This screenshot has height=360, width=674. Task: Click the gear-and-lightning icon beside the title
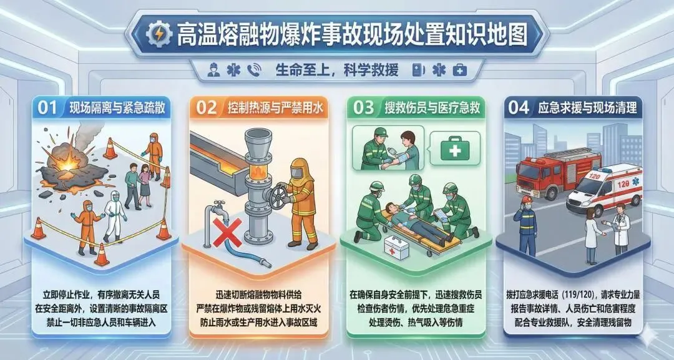click(x=159, y=34)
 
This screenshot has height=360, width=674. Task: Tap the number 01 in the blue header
click(x=47, y=108)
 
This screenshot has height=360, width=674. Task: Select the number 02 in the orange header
click(x=207, y=108)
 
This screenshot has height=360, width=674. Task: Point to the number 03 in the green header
click(x=364, y=108)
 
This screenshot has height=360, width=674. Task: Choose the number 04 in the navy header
click(x=519, y=108)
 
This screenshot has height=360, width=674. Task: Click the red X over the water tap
click(x=227, y=233)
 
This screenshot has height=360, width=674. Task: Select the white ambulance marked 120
click(x=604, y=189)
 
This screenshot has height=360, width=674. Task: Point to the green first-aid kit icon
click(x=455, y=148)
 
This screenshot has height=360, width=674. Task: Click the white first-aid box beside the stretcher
click(x=396, y=248)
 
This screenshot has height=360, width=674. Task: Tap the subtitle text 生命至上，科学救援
click(x=337, y=70)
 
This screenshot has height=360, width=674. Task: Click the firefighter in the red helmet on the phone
click(x=526, y=225)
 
